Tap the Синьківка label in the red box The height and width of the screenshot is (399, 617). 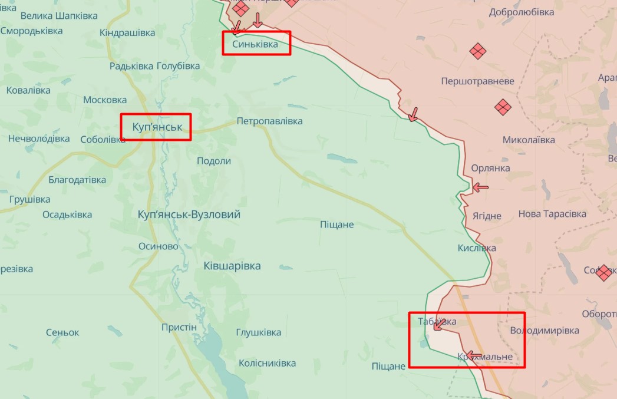coord(255,44)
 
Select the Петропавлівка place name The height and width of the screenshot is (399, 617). coord(269,121)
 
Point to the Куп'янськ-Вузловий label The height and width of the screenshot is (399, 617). coord(189,215)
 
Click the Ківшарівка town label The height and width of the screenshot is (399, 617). coord(232,266)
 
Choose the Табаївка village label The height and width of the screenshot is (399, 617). coord(437,321)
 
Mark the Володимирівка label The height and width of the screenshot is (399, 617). coord(545,331)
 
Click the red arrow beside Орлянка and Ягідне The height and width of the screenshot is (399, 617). coord(480,187)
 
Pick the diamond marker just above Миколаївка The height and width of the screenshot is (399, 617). coord(502,107)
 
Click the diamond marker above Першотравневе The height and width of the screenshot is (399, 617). coord(477,51)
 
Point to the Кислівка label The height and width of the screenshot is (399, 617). coord(477,248)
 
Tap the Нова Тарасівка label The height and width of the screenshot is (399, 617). coord(552,214)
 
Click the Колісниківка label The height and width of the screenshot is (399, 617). coord(267,362)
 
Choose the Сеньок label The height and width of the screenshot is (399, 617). coord(62,332)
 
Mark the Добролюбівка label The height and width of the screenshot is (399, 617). coord(522,12)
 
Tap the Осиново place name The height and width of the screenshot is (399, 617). coord(158,246)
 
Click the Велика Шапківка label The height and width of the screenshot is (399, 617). coord(58,16)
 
